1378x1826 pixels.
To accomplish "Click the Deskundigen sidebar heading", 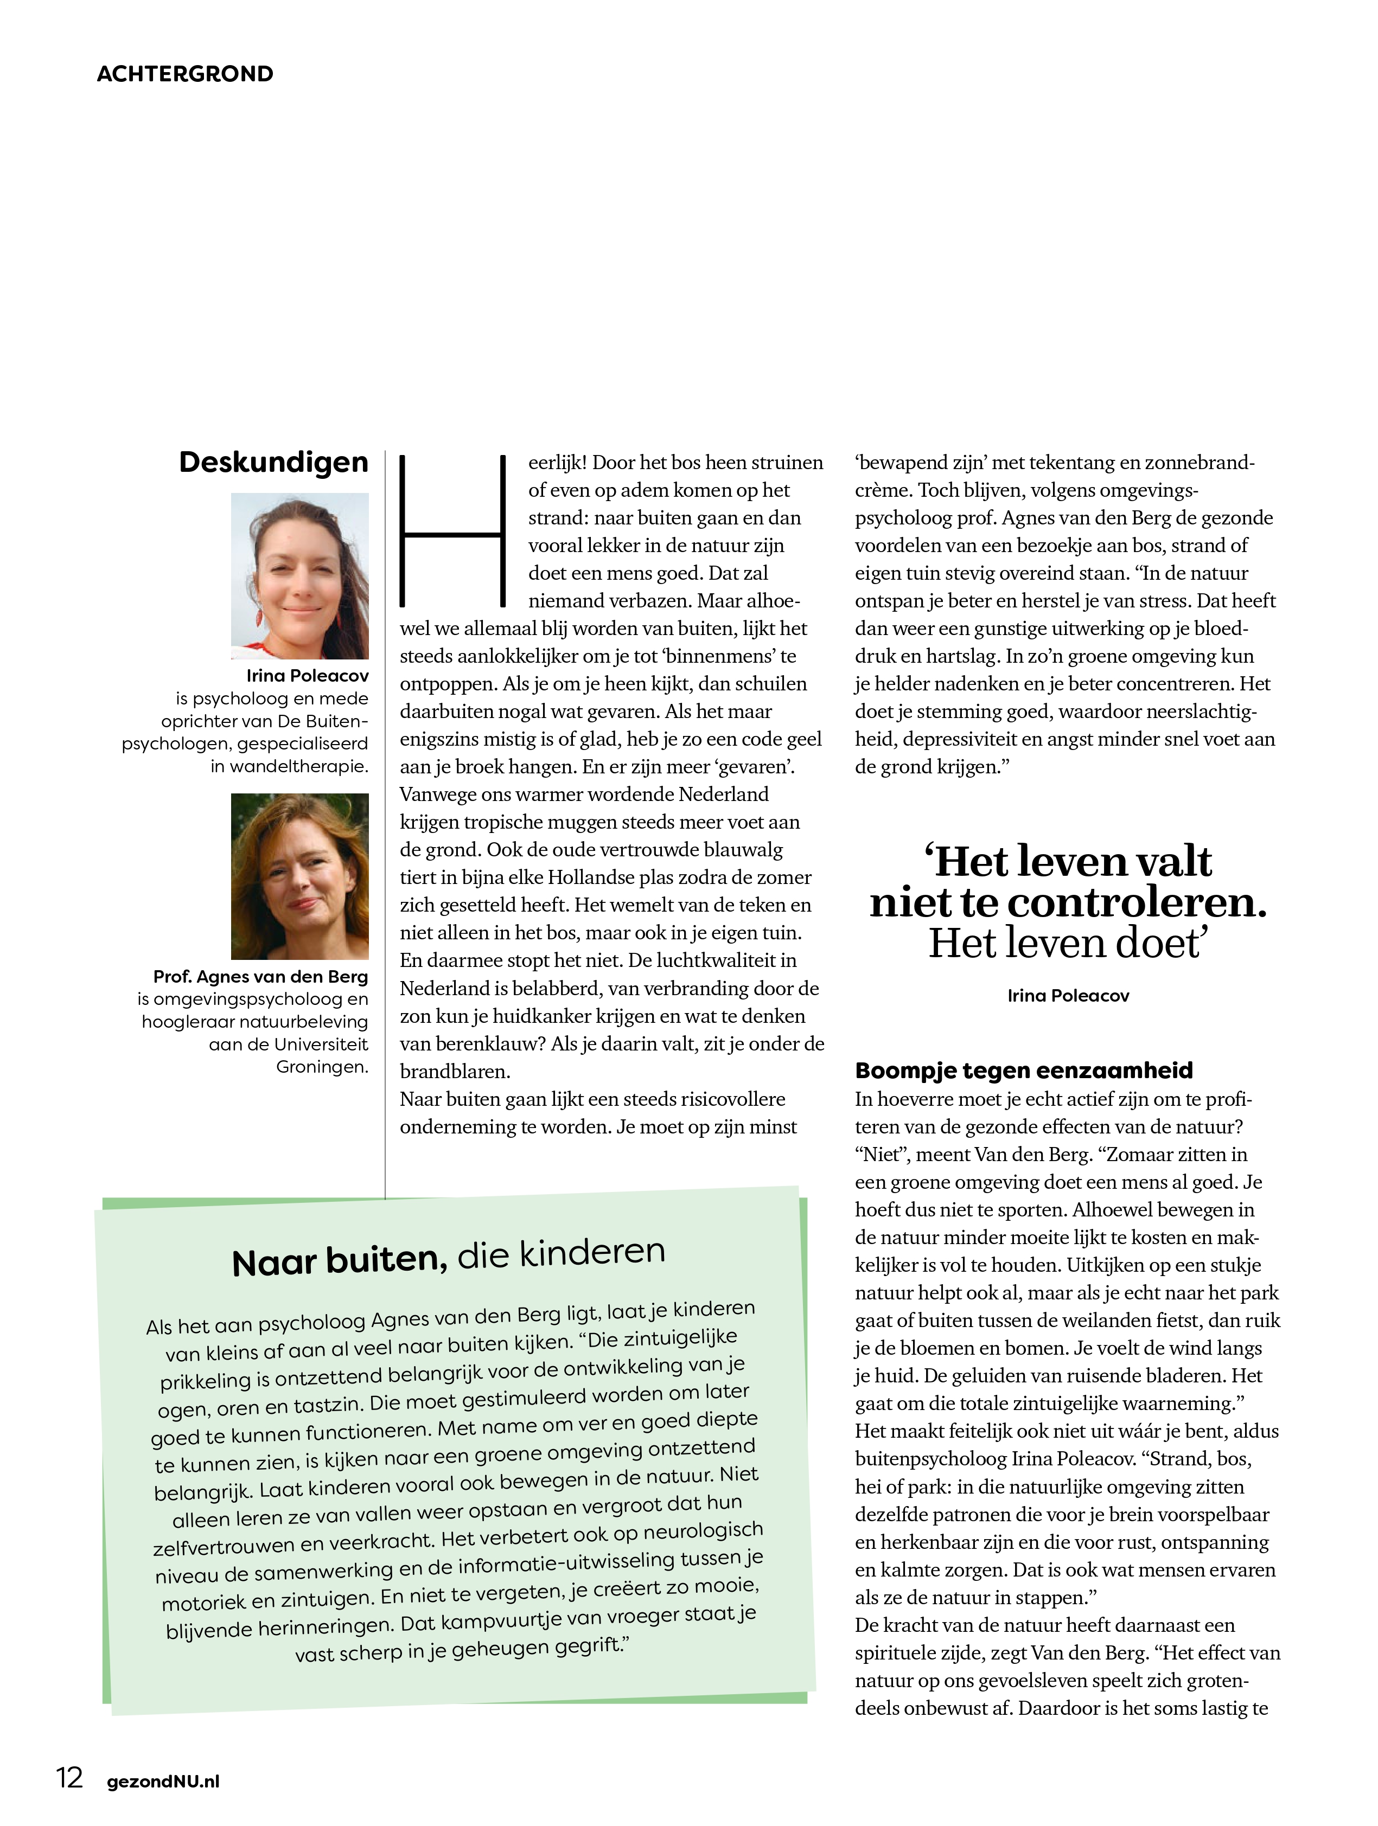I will click(273, 462).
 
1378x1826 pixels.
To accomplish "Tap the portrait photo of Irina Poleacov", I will click(299, 575).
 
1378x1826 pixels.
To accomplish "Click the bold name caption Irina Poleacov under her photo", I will click(307, 675).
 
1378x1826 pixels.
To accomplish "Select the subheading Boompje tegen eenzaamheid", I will click(1024, 1070).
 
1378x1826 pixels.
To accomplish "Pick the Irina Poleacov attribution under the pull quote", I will click(1068, 996).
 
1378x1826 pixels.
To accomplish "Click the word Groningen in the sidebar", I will click(322, 1067).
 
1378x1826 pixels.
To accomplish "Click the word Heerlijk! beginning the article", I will click(557, 462).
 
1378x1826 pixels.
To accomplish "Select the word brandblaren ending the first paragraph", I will click(455, 1072).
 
